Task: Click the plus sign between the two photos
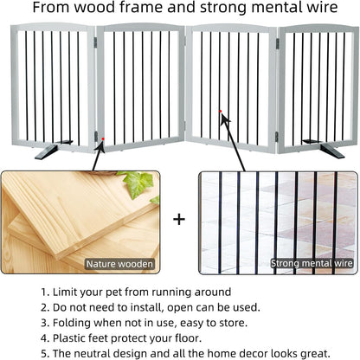(x=179, y=219)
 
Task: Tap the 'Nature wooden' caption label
(x=119, y=263)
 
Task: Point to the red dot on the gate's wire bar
(x=222, y=111)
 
